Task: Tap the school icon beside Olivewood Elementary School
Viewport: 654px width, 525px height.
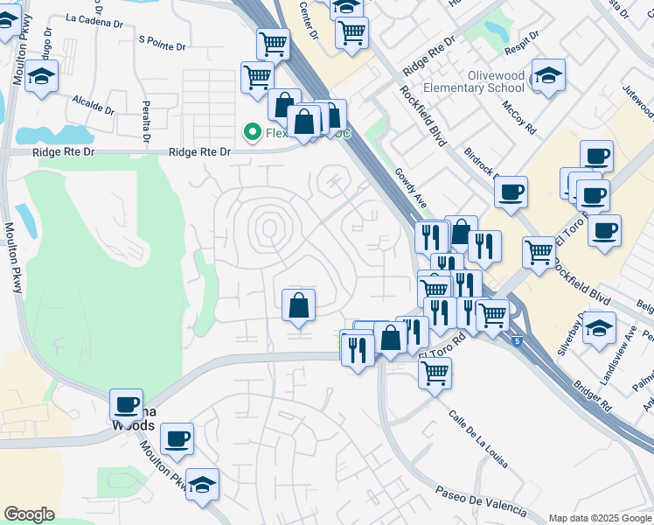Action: coord(548,76)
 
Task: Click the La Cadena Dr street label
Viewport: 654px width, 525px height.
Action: coord(91,19)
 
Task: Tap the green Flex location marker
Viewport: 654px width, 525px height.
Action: coord(253,132)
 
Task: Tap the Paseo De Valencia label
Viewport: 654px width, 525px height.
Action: coord(478,501)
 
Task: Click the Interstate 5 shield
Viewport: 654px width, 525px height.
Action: coord(518,339)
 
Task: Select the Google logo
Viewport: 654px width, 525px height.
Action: coord(29,514)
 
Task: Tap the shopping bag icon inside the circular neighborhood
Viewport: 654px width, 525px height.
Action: coord(298,305)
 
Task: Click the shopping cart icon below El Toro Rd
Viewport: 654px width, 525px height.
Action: coord(435,373)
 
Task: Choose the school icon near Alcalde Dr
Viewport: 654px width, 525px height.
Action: coord(41,76)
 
